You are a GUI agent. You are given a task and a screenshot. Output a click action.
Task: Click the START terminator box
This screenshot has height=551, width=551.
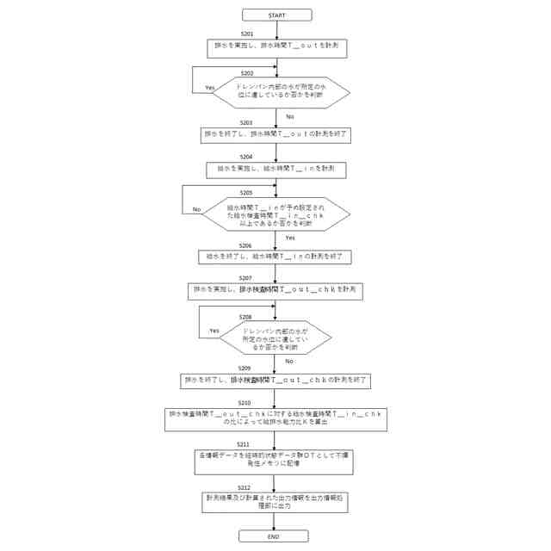[x=275, y=15]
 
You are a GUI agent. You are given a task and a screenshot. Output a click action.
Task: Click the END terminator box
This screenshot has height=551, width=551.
[x=274, y=536]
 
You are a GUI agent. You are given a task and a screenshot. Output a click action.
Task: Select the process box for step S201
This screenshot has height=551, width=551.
[x=276, y=48]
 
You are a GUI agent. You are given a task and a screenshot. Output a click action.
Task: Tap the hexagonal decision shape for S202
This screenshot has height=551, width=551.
[x=282, y=91]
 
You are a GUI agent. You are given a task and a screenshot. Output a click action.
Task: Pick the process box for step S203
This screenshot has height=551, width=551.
[x=275, y=135]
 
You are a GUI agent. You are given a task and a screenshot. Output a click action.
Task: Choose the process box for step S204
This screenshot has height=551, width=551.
[x=275, y=170]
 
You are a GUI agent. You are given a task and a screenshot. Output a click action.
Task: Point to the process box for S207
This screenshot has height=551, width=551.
[x=275, y=291]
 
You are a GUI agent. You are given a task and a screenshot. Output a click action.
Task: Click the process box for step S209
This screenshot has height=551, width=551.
[x=275, y=379]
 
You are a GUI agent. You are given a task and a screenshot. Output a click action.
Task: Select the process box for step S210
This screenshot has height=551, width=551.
[x=275, y=418]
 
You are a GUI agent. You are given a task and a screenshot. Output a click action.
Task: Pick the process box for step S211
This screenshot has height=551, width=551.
[x=275, y=461]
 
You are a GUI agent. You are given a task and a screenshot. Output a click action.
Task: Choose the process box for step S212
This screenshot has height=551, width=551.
[x=275, y=502]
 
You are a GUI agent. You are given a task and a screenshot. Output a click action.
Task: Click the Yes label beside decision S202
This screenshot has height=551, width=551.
[x=208, y=89]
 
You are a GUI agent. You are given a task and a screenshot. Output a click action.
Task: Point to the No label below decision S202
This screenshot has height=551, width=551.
[x=290, y=116]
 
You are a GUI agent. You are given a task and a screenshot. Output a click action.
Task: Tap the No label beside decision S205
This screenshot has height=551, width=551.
[x=196, y=209]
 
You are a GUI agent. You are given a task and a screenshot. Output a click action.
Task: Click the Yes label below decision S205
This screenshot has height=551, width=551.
[x=290, y=238]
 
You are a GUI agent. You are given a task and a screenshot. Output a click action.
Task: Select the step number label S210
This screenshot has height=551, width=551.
[x=245, y=403]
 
